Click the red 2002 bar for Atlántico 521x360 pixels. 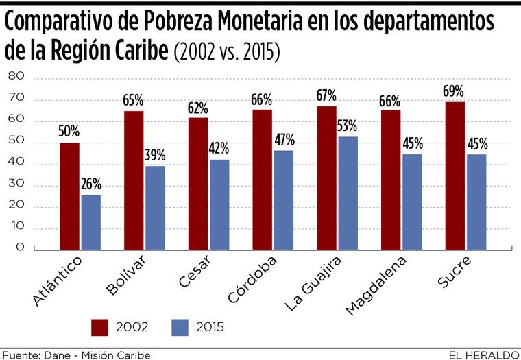[x=70, y=196]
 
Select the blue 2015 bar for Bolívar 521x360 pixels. [x=156, y=208]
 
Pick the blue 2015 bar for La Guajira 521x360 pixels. [x=348, y=193]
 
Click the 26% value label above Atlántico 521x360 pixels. [x=91, y=184]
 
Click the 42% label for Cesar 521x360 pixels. [x=219, y=148]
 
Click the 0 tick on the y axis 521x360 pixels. [x=21, y=248]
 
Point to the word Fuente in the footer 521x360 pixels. [x=20, y=355]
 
